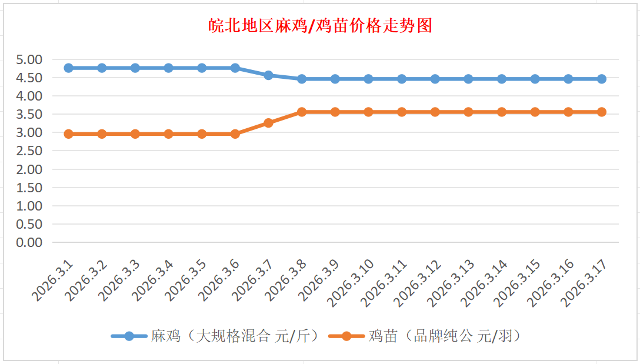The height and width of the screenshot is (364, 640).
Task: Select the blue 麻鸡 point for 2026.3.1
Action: click(x=68, y=68)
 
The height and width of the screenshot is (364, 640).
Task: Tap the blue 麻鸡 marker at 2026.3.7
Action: click(x=268, y=75)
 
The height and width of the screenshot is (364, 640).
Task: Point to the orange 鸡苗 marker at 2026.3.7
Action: click(x=268, y=123)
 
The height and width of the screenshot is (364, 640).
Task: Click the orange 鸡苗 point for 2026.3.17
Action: click(x=602, y=112)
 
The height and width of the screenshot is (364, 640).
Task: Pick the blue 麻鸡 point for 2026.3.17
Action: click(x=602, y=79)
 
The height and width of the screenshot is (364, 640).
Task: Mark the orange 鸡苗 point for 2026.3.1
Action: click(x=68, y=134)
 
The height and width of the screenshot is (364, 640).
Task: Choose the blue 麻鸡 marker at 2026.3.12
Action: click(x=435, y=79)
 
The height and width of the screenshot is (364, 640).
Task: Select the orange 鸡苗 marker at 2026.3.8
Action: click(x=302, y=112)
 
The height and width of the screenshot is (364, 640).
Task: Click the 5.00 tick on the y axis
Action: click(x=29, y=59)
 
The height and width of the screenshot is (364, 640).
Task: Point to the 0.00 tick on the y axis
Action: click(x=29, y=242)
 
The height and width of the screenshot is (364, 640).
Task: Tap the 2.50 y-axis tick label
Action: click(x=29, y=151)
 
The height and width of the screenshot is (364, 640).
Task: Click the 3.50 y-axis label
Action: click(x=29, y=114)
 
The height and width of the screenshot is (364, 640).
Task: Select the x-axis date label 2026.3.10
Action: click(x=351, y=283)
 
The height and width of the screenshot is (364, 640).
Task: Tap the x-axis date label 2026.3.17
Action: click(x=584, y=283)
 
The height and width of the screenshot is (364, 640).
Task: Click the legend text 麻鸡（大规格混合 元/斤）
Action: click(x=235, y=336)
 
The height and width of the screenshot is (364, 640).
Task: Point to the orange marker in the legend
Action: click(x=346, y=336)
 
